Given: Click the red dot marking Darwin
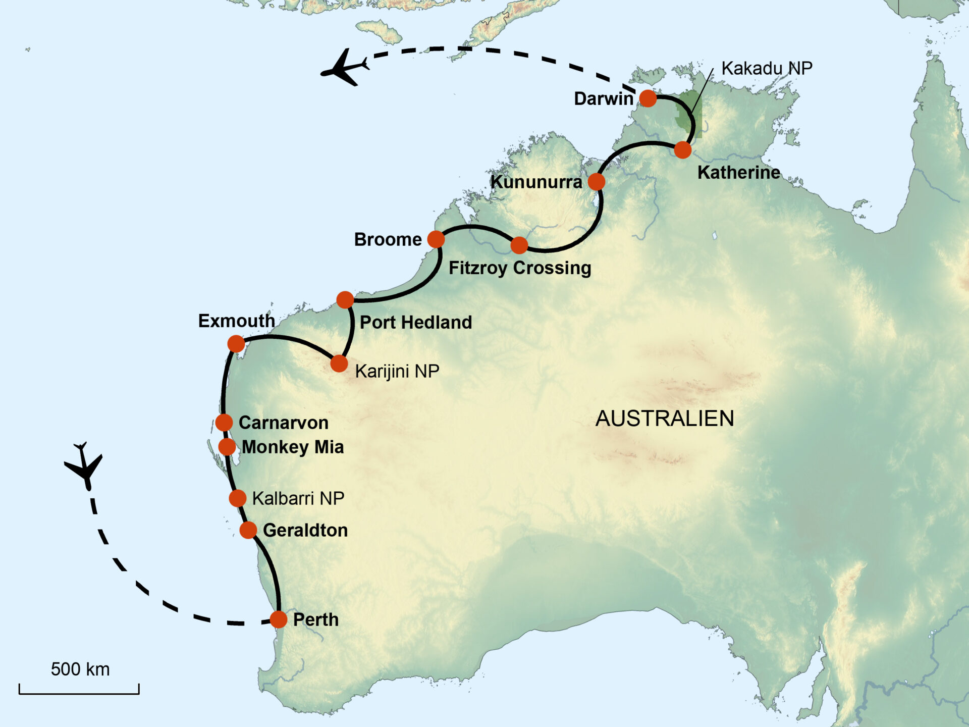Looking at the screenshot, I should coord(648,98).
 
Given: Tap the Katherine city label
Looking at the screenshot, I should coord(738,173).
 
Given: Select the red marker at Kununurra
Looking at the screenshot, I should coord(597,181).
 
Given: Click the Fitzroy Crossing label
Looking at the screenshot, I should coord(520,268).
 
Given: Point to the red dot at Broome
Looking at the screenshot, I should coord(436,239).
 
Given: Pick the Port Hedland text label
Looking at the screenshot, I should coord(415,322).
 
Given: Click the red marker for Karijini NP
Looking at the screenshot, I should coord(339,363).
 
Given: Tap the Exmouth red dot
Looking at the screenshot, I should coord(236,344).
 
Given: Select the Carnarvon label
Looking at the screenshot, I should coord(283,423).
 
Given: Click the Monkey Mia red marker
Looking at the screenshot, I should coord(227,446).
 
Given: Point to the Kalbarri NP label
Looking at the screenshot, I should coord(298,498).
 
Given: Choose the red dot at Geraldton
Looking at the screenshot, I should coord(248,530).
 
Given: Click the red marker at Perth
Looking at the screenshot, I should coord(279,619).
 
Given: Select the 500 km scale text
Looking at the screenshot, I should coord(80,669).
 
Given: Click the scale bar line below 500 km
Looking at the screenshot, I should coord(79,693).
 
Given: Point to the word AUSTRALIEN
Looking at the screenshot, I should coord(665,419).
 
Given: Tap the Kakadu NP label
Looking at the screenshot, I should coord(767,68).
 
